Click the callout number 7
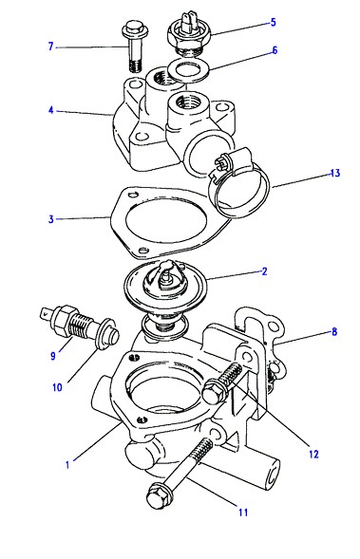(x=50, y=47)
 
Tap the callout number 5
(x=273, y=22)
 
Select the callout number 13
(x=335, y=174)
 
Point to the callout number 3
(x=51, y=219)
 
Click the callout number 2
(x=264, y=271)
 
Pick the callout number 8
(x=334, y=332)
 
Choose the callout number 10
(x=57, y=387)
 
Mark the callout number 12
(x=313, y=455)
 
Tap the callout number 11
(x=243, y=512)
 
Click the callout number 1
(x=67, y=465)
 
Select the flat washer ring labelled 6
(x=188, y=70)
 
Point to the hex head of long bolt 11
(x=159, y=496)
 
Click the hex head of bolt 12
(x=215, y=391)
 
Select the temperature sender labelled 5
(x=188, y=33)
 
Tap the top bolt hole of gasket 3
(x=135, y=195)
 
